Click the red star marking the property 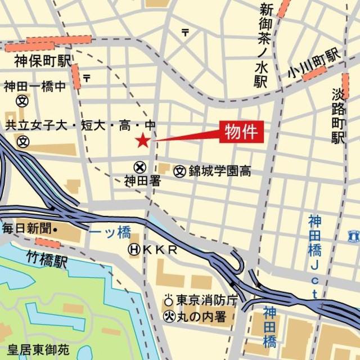143,141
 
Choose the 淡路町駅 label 338,116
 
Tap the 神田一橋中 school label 35,87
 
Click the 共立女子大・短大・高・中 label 80,125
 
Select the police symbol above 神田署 139,167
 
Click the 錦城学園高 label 219,170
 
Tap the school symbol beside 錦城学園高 179,170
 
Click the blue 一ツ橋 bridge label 111,232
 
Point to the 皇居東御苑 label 35,350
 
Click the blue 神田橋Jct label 314,256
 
